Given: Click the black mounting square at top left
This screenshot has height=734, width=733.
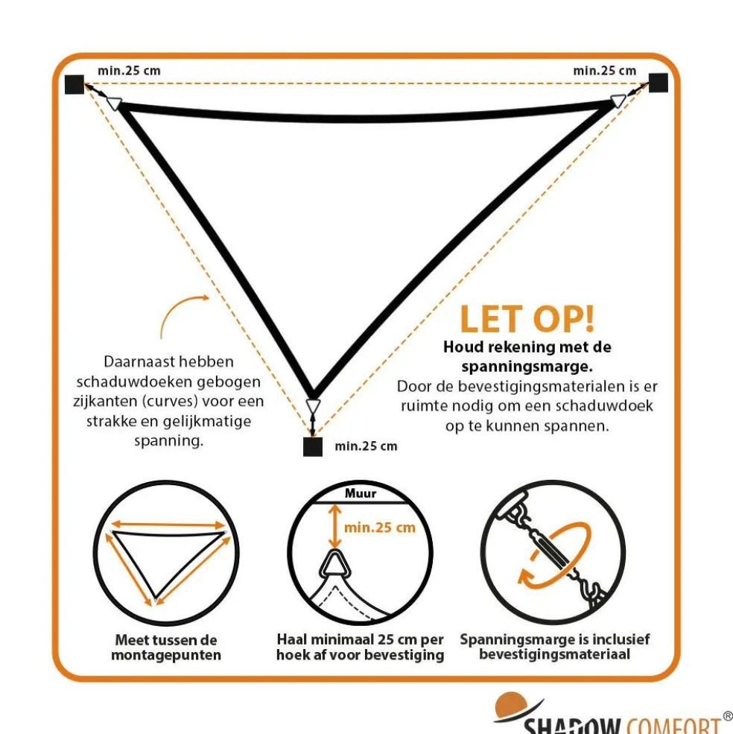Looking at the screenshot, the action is click(x=74, y=84).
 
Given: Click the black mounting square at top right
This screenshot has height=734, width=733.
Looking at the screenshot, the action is click(x=658, y=83).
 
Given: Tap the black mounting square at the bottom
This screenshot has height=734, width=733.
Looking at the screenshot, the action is click(x=313, y=446).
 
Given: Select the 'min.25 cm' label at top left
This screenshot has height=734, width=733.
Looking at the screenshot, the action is click(x=129, y=71).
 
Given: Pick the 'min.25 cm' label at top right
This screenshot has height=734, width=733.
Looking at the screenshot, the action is click(x=605, y=71).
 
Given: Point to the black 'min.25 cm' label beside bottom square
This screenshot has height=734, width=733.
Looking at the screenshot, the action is click(x=366, y=446).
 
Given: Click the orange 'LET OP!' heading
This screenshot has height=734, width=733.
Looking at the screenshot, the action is click(x=527, y=319).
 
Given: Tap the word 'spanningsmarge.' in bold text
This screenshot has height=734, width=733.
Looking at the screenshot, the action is click(x=527, y=367).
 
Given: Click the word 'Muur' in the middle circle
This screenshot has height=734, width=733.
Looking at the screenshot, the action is click(x=361, y=493).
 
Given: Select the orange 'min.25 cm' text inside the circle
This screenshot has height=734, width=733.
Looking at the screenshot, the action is click(x=380, y=528).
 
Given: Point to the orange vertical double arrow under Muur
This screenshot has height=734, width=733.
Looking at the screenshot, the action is click(x=334, y=525).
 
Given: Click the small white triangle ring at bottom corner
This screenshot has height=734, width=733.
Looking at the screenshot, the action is click(x=313, y=406).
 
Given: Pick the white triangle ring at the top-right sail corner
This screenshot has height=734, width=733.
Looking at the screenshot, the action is click(x=618, y=101).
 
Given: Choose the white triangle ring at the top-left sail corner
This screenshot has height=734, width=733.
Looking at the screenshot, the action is click(x=114, y=103).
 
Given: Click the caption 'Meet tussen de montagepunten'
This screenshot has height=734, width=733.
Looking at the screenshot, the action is click(x=166, y=648).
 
